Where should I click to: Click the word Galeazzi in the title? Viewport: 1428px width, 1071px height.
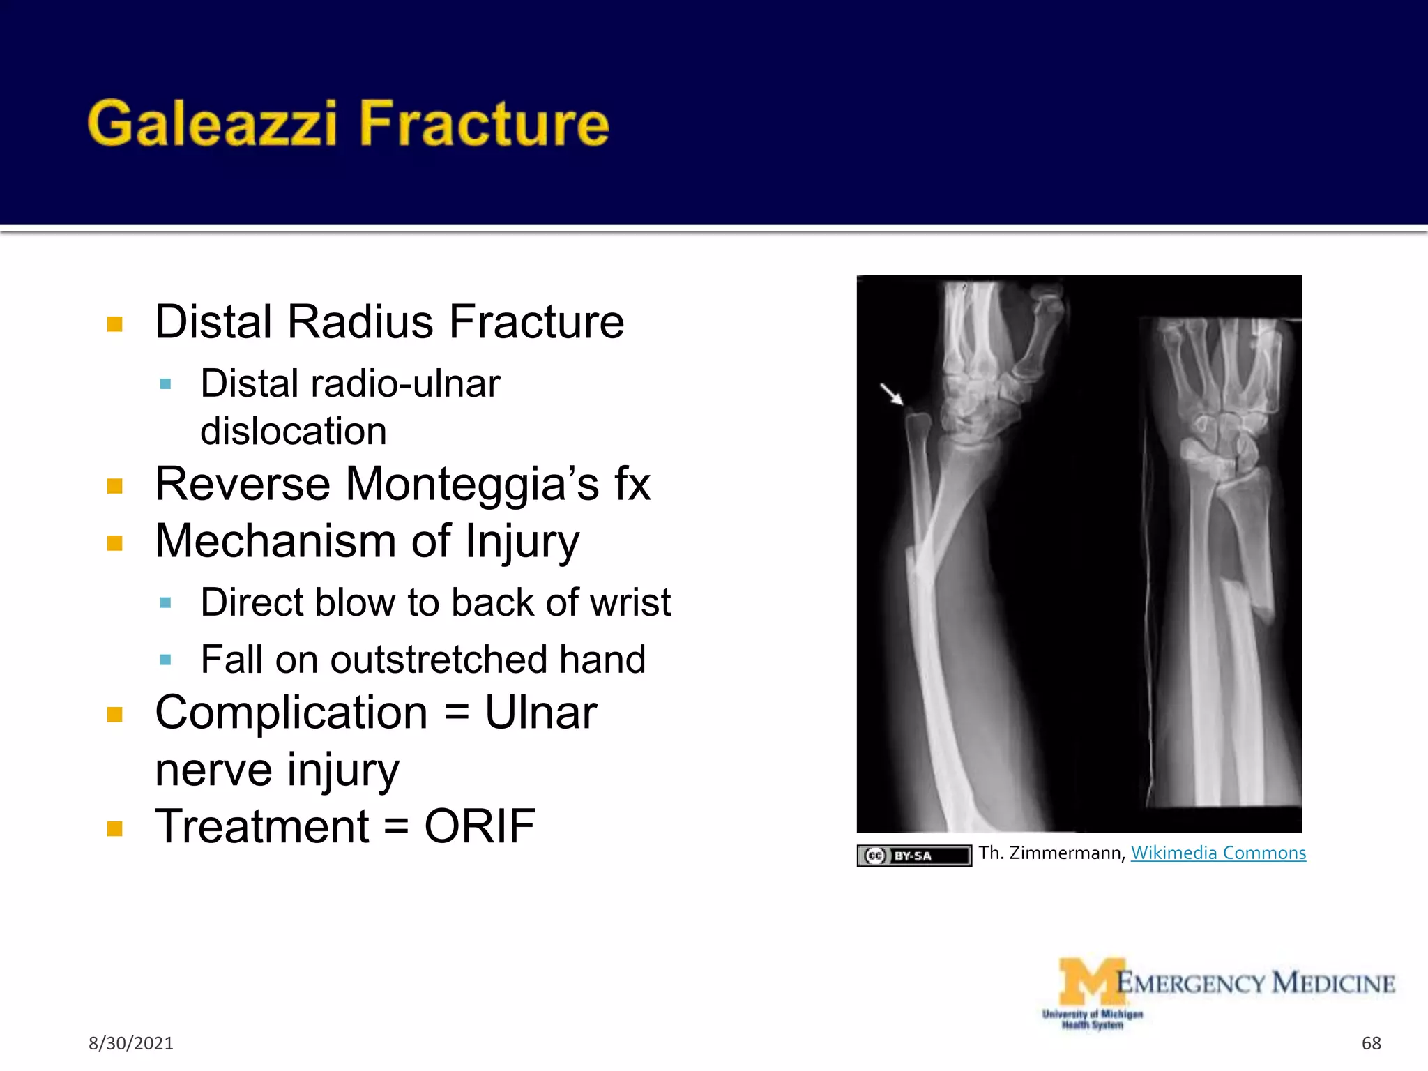212,124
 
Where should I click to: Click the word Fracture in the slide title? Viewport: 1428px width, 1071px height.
484,124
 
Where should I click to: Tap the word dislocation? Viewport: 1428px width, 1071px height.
293,431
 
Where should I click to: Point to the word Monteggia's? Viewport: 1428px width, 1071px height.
472,484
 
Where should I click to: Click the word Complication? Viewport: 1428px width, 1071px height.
291,713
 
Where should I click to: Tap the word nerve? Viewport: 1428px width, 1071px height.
213,770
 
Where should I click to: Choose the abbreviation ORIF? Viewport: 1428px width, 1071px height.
480,827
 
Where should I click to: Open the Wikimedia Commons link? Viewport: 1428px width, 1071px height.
1218,853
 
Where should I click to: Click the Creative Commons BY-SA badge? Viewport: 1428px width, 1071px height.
913,856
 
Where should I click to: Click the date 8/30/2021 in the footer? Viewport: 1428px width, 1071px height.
130,1043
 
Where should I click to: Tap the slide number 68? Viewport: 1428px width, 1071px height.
1371,1043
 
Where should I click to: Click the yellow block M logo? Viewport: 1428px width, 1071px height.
1091,982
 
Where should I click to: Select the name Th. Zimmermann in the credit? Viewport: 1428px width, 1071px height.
1051,853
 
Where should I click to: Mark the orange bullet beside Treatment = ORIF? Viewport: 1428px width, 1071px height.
115,828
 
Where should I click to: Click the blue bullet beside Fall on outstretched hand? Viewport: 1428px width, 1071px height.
165,660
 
